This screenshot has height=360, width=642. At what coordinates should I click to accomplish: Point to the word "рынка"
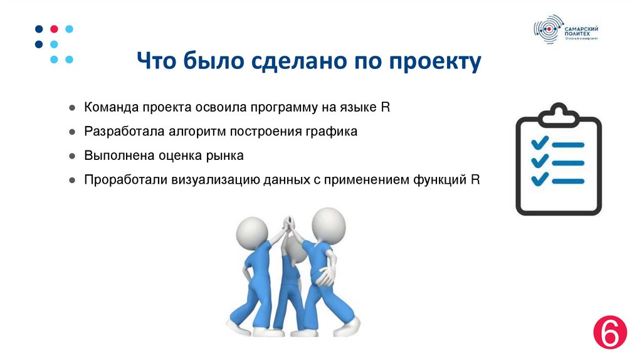(x=226, y=156)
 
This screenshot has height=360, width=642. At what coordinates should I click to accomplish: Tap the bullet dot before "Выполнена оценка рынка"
(x=73, y=156)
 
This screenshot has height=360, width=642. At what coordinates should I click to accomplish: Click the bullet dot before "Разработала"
(x=73, y=132)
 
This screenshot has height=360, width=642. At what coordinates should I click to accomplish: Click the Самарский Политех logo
(x=565, y=29)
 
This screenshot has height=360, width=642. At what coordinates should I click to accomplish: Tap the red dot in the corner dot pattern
(x=54, y=29)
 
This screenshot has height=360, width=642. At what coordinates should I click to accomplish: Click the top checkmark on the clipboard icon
(x=539, y=142)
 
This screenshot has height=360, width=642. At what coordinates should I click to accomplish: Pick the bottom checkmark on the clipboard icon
(x=539, y=180)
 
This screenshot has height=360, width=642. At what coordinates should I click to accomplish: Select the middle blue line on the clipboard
(x=568, y=162)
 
